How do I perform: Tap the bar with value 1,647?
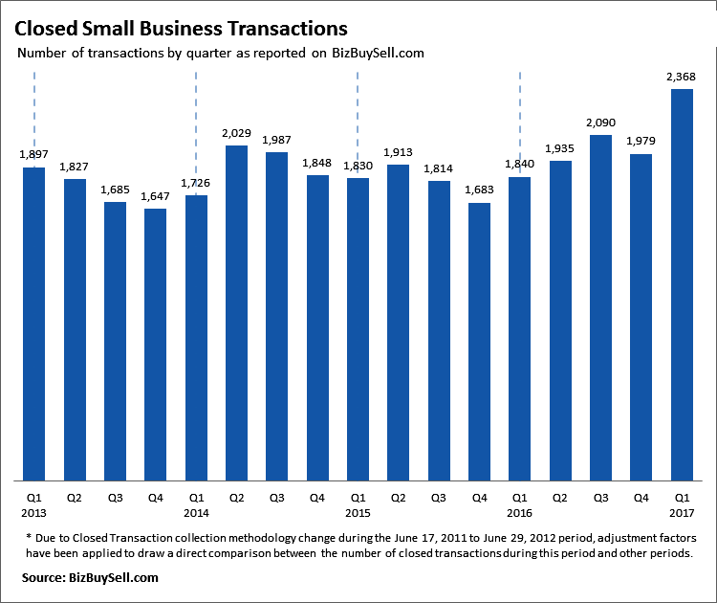pos(156,345)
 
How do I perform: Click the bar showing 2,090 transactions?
pos(600,307)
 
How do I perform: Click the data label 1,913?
pos(398,153)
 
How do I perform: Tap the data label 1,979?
pos(641,143)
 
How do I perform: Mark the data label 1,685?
pos(115,190)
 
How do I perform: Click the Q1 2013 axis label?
pos(34,506)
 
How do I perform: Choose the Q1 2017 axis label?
pos(681,506)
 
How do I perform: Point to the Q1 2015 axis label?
pos(358,506)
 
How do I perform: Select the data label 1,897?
pos(34,156)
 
